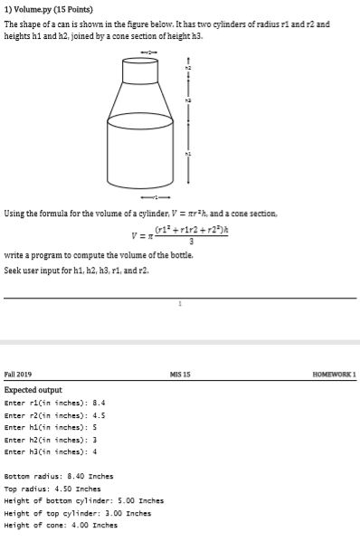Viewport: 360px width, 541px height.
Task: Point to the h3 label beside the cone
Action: coord(188,100)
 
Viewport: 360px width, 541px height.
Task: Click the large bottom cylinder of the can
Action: coord(140,149)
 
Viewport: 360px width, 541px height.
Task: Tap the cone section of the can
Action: coord(140,105)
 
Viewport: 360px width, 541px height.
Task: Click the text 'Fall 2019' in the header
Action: coord(18,375)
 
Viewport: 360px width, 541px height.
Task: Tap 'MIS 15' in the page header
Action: coord(181,375)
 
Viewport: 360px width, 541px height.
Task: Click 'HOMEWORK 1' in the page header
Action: coord(335,375)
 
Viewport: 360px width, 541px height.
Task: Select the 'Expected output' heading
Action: coord(33,390)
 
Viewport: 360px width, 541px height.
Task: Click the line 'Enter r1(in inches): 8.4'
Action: coord(56,403)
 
